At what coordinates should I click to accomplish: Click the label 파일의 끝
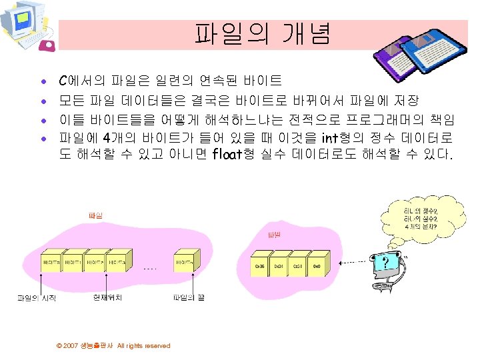[x=189, y=297]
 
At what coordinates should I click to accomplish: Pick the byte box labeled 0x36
[x=260, y=266]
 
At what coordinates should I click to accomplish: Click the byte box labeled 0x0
[x=317, y=266]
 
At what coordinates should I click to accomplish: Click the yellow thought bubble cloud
[x=417, y=214]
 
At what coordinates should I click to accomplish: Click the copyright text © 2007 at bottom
[x=113, y=345]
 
